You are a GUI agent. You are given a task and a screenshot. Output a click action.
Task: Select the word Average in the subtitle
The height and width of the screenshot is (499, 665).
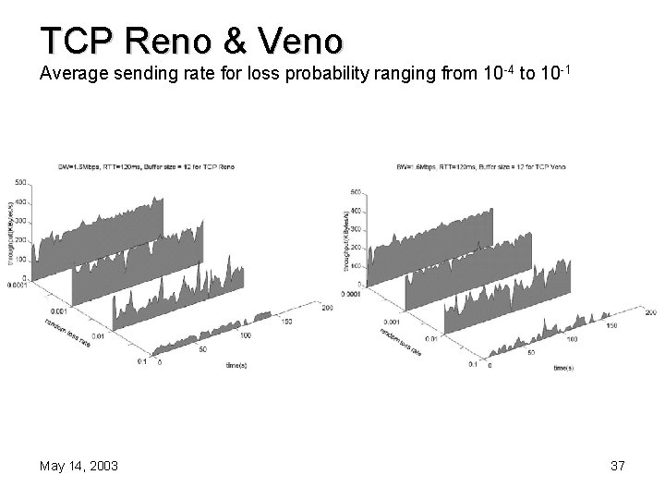pyautogui.click(x=71, y=73)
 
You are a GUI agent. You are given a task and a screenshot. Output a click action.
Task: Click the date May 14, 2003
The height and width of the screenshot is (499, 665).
pyautogui.click(x=79, y=467)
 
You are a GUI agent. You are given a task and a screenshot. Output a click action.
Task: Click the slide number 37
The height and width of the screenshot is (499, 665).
pyautogui.click(x=617, y=467)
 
